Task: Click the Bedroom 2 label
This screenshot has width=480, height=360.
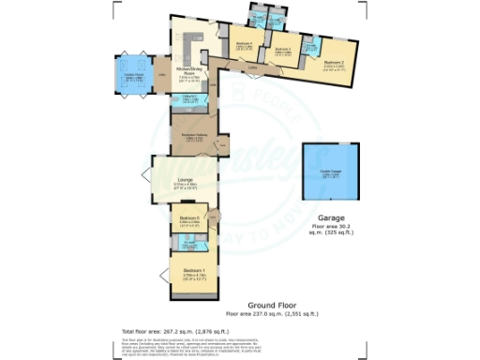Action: [x=336, y=65]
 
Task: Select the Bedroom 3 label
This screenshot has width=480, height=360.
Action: [x=282, y=50]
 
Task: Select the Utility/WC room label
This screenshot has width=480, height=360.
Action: [x=187, y=97]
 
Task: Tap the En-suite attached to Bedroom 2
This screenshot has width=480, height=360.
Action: [x=310, y=46]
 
